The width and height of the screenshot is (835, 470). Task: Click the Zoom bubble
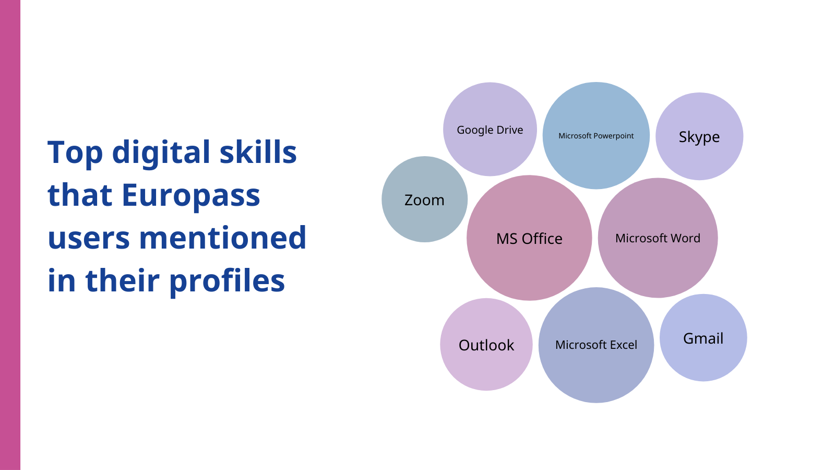[x=425, y=199]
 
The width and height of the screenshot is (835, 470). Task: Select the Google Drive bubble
[x=490, y=129]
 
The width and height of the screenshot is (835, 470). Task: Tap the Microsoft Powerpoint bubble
[x=596, y=135]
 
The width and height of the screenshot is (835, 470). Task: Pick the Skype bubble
[x=699, y=136]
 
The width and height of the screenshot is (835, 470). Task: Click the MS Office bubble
[x=529, y=238]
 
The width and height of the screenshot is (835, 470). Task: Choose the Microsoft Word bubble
[x=658, y=238]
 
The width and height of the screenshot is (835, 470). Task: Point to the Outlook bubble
[x=486, y=344]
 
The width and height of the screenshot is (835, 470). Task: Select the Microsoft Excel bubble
[x=596, y=345]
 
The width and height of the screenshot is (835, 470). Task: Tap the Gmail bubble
[x=703, y=337]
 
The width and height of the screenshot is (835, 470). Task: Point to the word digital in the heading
[x=161, y=152]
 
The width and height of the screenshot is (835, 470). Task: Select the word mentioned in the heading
[x=222, y=238]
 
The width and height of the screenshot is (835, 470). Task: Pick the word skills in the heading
[x=258, y=151]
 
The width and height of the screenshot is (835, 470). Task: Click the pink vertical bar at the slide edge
[x=10, y=235]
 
